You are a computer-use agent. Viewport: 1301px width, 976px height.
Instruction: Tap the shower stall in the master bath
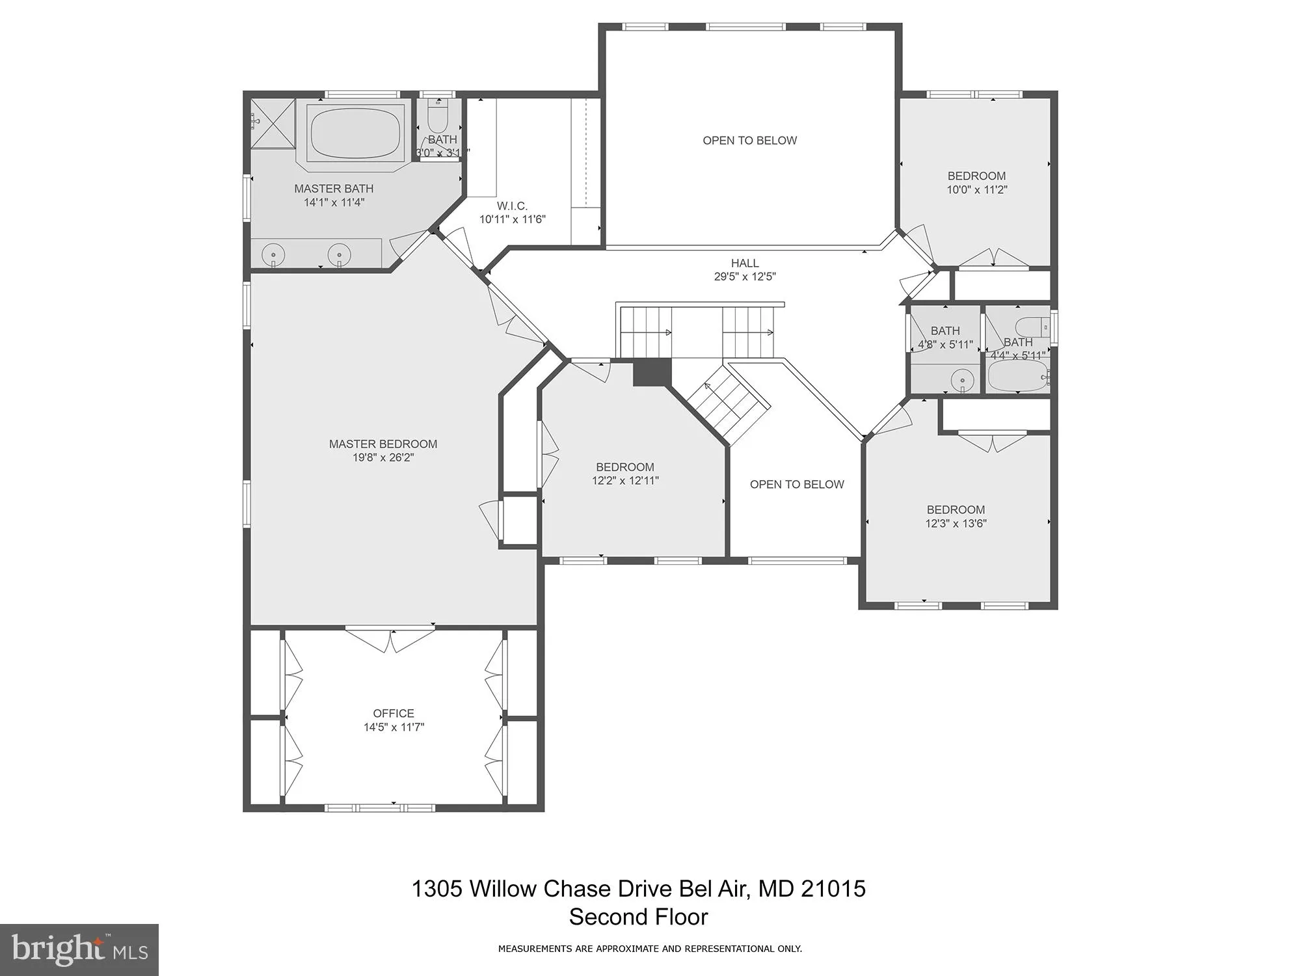(x=273, y=124)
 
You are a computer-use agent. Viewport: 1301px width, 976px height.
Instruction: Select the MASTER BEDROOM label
(x=382, y=444)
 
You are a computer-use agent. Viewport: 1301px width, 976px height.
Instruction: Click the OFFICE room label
(x=393, y=713)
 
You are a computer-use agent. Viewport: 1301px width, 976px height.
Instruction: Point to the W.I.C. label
(x=512, y=206)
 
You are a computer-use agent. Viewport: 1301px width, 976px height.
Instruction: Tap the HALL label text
(x=744, y=263)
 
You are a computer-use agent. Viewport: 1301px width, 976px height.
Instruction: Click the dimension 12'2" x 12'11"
(x=624, y=481)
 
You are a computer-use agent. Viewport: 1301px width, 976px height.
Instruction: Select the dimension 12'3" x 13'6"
(x=956, y=523)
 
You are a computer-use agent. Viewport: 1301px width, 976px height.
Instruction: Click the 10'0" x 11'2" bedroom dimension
(x=976, y=190)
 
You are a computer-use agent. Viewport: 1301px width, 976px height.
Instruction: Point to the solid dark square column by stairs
(x=651, y=373)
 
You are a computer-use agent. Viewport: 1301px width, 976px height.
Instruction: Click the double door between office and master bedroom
(x=390, y=638)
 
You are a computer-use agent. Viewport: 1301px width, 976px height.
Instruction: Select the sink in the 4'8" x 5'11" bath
(x=961, y=378)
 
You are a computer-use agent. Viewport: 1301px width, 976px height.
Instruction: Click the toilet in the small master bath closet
(x=438, y=118)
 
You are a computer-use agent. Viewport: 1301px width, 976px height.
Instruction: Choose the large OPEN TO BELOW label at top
(x=749, y=141)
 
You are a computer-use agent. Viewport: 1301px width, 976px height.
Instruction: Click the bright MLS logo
(x=79, y=950)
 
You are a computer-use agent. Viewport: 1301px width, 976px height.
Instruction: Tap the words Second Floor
(x=638, y=917)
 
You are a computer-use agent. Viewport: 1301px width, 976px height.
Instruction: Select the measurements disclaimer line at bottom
(x=650, y=949)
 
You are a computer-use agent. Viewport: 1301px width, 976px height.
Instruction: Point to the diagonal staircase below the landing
(x=729, y=405)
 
